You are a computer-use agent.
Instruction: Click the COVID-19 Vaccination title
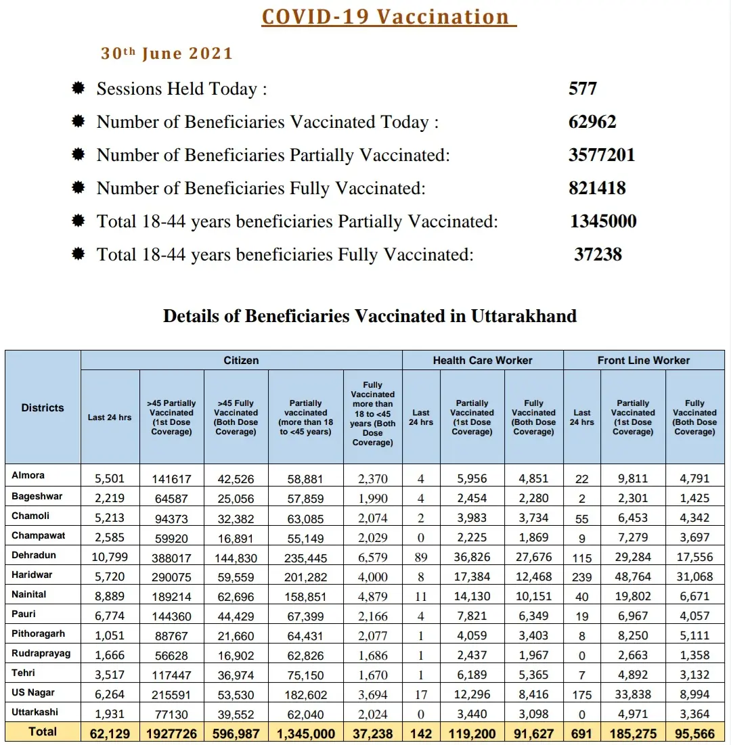(385, 17)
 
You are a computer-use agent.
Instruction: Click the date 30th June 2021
(167, 54)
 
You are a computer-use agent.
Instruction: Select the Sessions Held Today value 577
(583, 89)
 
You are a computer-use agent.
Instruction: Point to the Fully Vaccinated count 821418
(597, 188)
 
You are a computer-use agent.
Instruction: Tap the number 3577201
(602, 155)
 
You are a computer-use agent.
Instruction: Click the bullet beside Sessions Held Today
(79, 88)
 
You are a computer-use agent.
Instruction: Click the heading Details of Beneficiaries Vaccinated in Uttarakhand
(370, 316)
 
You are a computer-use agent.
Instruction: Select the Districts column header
(43, 408)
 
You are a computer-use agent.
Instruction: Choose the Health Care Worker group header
(483, 361)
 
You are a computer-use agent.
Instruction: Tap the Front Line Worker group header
(643, 361)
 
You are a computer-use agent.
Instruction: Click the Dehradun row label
(34, 555)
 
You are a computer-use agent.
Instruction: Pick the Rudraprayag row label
(41, 653)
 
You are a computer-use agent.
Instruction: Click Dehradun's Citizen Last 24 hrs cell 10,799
(109, 558)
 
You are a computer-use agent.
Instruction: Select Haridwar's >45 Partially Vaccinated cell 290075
(171, 578)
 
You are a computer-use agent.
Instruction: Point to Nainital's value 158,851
(306, 597)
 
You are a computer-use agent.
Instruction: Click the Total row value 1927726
(171, 733)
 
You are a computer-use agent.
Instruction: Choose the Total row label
(43, 731)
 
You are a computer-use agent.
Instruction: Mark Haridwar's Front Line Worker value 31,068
(694, 577)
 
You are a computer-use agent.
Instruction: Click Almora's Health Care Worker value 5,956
(472, 479)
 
